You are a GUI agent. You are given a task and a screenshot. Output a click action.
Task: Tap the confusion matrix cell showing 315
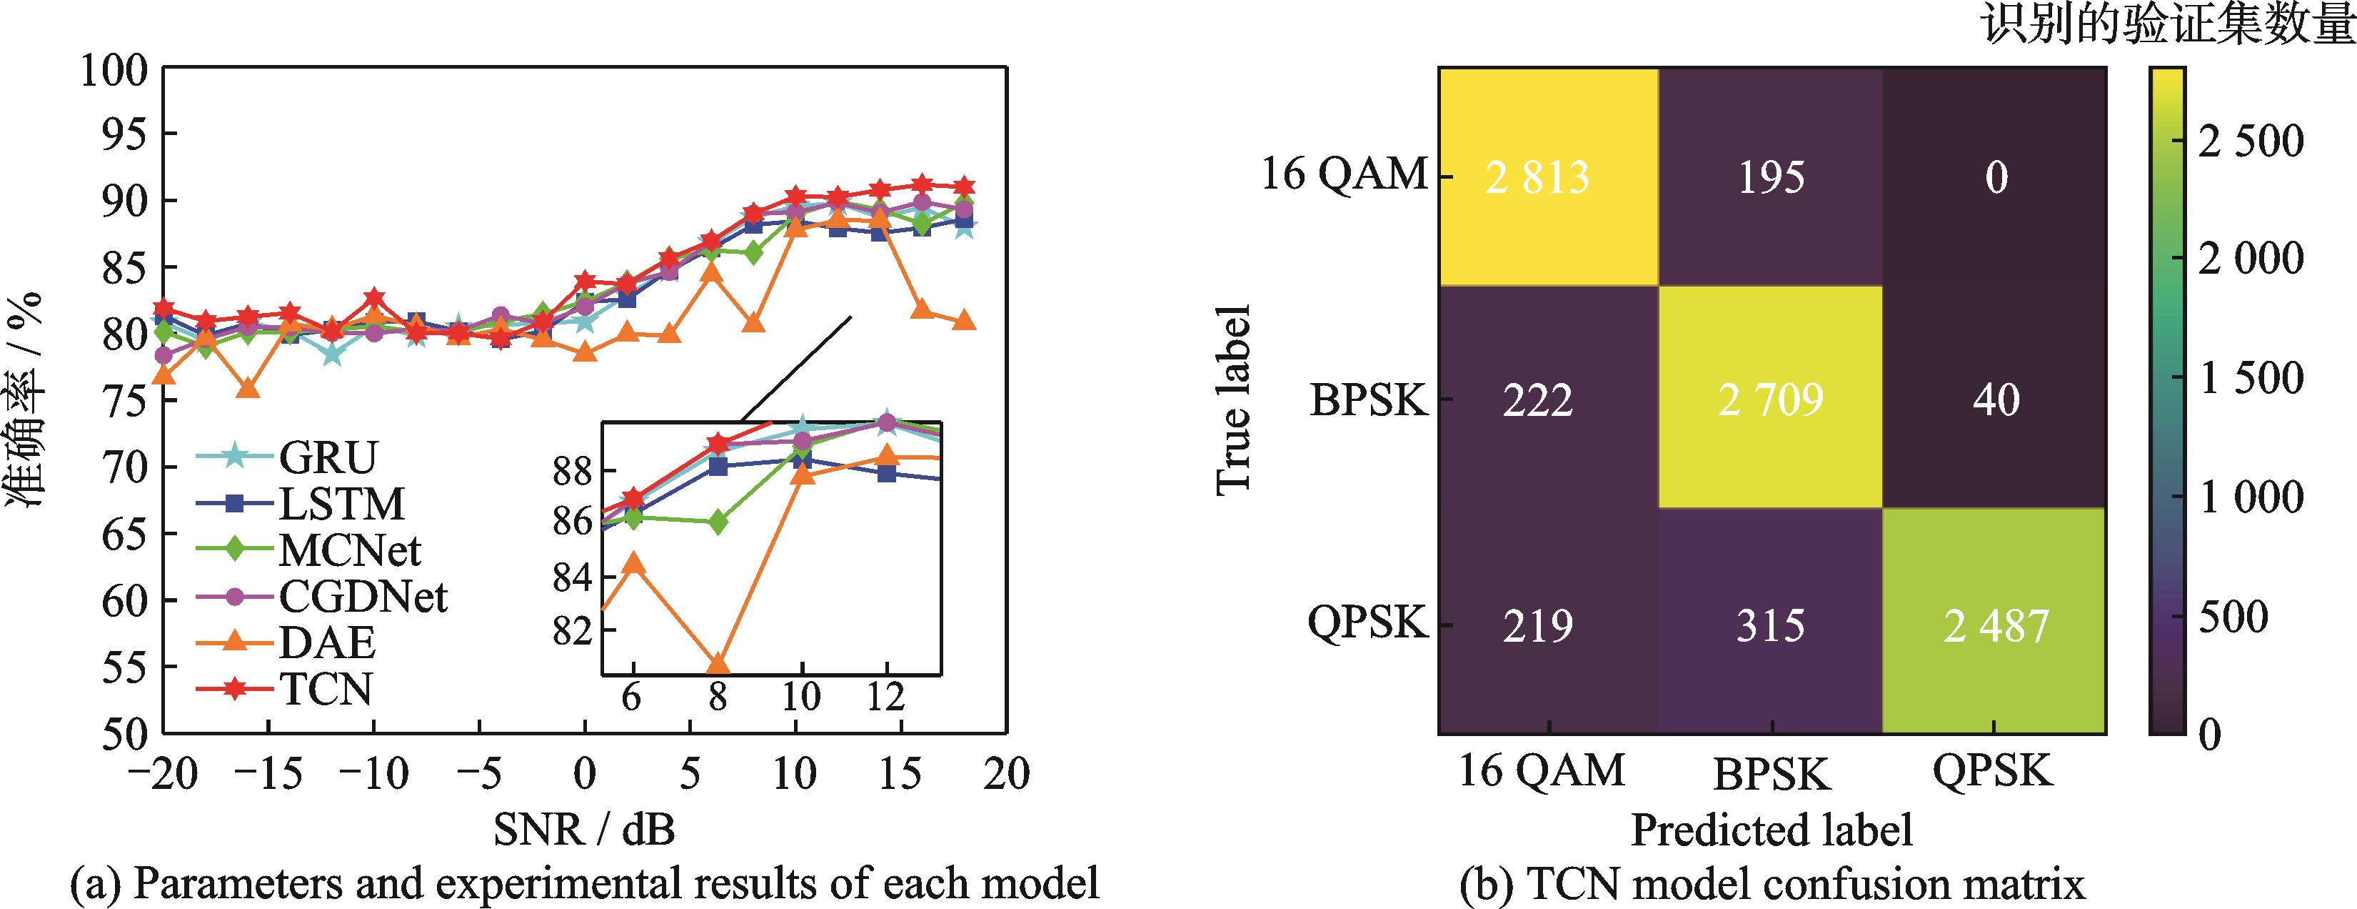[x=1771, y=625]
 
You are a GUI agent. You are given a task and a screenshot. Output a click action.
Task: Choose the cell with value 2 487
[x=1996, y=625]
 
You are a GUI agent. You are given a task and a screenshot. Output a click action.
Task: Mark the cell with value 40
[x=1996, y=400]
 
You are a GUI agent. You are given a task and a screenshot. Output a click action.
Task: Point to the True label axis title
[x=1233, y=400]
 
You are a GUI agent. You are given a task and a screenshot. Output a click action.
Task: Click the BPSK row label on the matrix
[x=1368, y=400]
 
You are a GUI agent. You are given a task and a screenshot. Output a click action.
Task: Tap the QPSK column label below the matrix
[x=1993, y=772]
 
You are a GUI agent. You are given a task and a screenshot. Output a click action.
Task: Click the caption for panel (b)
[x=1772, y=884]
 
